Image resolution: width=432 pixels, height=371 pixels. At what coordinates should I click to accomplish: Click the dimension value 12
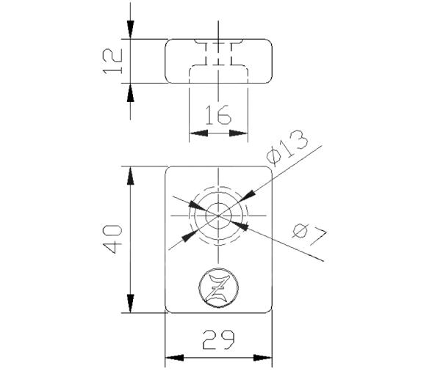(110, 62)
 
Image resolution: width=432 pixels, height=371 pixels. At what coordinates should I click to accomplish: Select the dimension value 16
(218, 114)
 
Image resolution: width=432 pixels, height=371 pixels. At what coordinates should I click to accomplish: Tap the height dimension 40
(111, 240)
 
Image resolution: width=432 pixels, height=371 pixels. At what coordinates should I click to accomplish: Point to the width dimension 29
(218, 339)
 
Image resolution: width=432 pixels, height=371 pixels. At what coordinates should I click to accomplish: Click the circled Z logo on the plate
(218, 288)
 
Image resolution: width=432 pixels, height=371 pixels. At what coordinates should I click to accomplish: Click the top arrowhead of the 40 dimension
(130, 175)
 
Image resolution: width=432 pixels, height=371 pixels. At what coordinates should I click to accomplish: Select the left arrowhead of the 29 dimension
(173, 359)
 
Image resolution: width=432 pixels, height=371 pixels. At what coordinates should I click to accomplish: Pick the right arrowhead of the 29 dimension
(264, 359)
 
